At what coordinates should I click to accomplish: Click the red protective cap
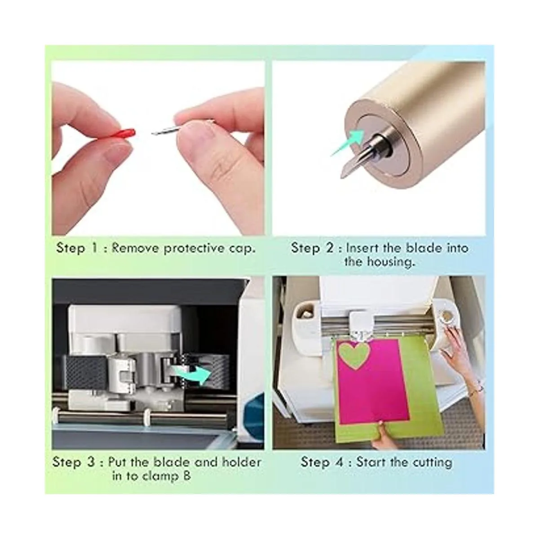tap(123, 132)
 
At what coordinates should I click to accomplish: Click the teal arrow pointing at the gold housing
tap(348, 143)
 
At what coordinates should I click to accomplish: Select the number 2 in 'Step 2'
tap(330, 248)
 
